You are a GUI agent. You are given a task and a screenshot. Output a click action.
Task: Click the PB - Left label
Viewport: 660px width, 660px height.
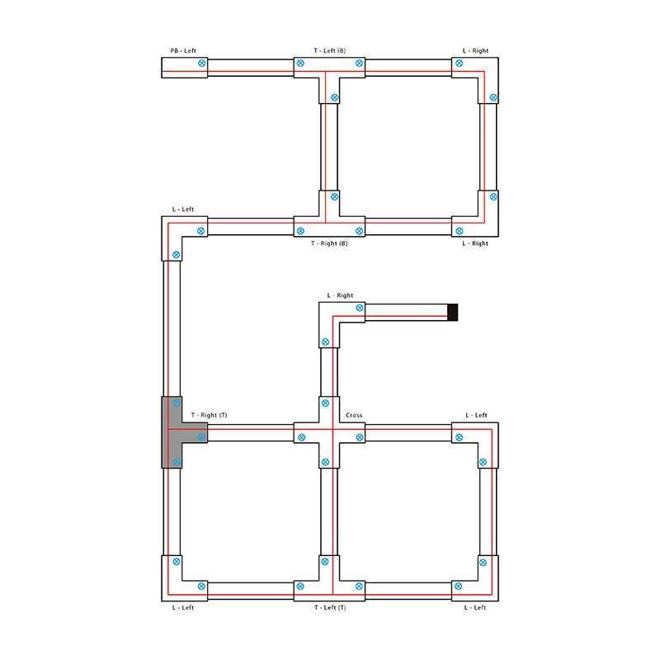point(183,50)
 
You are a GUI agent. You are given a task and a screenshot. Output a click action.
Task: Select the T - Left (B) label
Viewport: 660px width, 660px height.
point(329,50)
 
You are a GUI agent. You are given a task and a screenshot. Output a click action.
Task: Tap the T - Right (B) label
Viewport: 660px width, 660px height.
point(329,243)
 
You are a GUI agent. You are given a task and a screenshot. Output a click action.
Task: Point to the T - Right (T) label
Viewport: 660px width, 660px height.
point(209,415)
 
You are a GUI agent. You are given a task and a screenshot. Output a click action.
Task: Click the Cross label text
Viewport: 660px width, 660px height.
point(354,415)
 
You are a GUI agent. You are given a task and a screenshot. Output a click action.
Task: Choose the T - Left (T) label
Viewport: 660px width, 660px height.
point(330,607)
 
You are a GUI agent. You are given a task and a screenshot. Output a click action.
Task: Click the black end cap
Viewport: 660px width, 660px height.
point(452,313)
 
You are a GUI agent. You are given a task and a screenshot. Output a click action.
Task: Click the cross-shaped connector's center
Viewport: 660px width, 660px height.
point(329,432)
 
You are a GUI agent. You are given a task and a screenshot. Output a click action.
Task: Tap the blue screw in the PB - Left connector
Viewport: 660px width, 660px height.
point(202,64)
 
